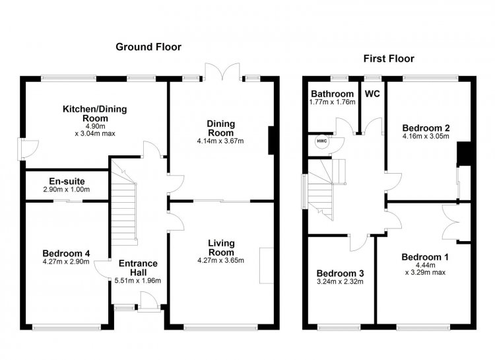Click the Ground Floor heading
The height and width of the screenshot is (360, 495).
[x=148, y=47]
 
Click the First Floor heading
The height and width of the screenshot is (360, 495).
[x=389, y=59]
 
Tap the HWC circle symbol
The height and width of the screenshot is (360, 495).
[x=322, y=141]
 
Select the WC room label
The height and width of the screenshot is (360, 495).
[x=372, y=94]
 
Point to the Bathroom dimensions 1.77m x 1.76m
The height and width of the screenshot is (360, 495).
[x=333, y=102]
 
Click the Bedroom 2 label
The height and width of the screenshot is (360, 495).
[x=426, y=128]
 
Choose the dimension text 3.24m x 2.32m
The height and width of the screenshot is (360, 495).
[x=340, y=281]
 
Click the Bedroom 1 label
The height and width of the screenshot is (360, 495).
[x=425, y=257]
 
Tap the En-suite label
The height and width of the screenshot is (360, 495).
[x=67, y=182]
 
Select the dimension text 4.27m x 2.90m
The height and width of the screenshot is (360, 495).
[x=66, y=262]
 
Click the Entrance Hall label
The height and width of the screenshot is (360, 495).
[x=138, y=268]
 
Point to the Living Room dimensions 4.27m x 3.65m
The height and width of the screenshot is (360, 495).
[x=220, y=261]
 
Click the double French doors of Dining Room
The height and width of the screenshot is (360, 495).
[x=223, y=72]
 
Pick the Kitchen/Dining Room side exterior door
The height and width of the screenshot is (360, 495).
[x=29, y=149]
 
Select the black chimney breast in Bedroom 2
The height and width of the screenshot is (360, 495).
[x=464, y=154]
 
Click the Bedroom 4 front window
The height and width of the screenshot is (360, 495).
[x=67, y=328]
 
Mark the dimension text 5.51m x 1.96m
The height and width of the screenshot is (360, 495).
[x=138, y=281]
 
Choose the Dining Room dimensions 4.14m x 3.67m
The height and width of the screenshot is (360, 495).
[x=220, y=141]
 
